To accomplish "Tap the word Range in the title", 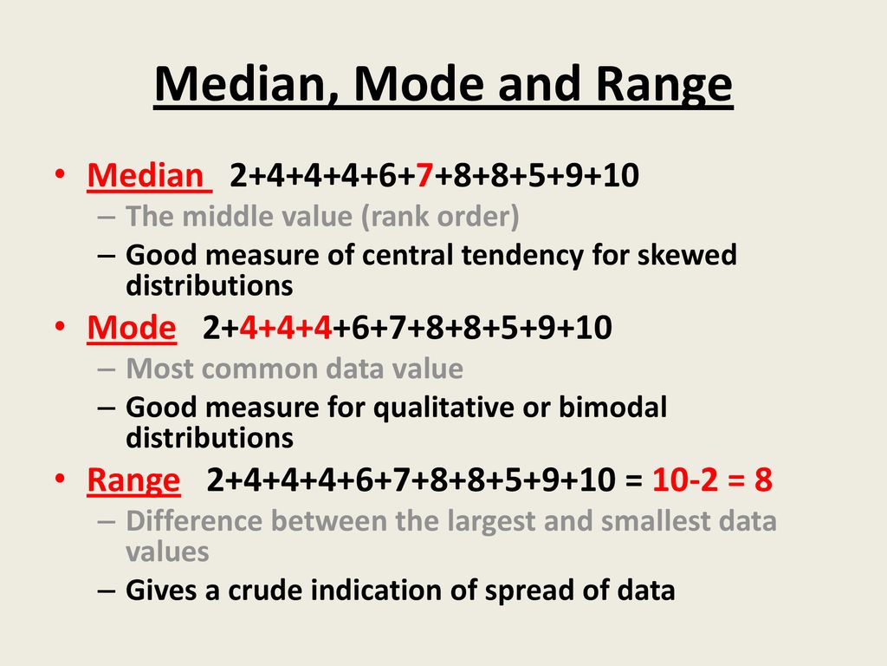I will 659,86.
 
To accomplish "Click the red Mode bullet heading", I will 132,328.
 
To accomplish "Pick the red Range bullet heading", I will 133,480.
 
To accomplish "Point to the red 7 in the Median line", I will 423,176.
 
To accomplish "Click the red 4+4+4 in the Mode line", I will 286,328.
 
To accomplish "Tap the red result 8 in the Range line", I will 762,480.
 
